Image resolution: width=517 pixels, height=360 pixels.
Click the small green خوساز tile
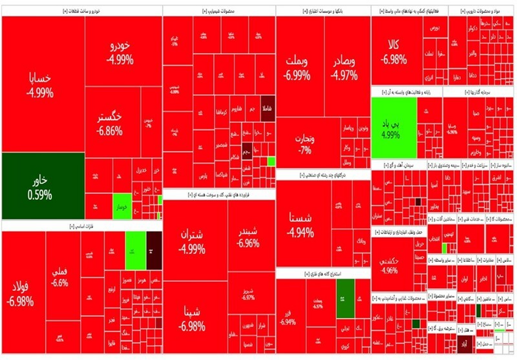pos(122,207)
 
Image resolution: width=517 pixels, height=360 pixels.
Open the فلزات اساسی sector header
pos(82,225)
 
